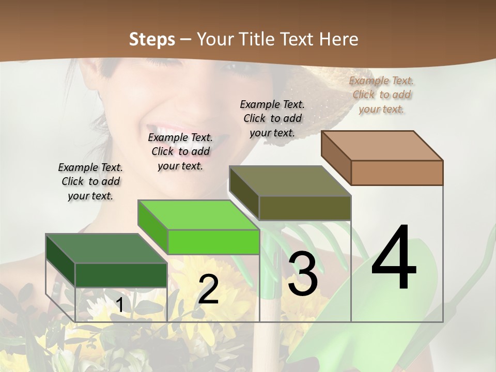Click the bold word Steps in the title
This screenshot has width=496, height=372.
point(152,39)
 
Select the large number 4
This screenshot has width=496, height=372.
point(394,258)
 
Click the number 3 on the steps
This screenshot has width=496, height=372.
point(303,274)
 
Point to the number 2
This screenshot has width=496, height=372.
point(208,289)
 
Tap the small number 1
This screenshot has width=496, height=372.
point(119,305)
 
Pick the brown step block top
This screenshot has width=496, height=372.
point(382,146)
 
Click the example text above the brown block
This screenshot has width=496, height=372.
point(382,95)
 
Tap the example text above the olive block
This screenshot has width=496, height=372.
point(272,118)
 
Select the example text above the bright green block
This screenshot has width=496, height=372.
point(180,151)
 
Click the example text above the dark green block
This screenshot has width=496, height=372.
point(90,181)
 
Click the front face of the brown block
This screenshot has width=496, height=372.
point(397,173)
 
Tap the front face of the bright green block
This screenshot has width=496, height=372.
point(213,242)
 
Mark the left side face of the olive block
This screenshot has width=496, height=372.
point(244,193)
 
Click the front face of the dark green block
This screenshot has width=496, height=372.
point(121,275)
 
